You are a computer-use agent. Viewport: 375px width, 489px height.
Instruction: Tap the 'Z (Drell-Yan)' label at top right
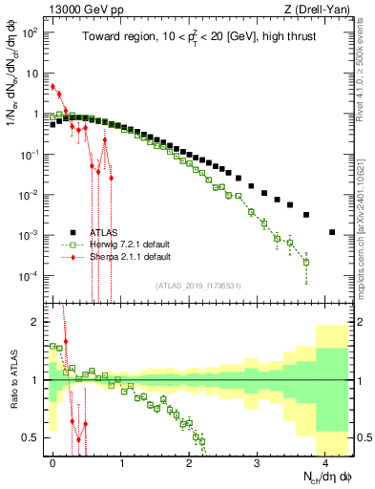click(x=320, y=9)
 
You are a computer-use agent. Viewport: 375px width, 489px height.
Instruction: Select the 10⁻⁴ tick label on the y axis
click(x=29, y=276)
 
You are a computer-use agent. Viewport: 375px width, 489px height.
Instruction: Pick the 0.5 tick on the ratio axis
click(x=31, y=437)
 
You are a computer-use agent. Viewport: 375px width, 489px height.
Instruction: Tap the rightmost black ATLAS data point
click(x=331, y=232)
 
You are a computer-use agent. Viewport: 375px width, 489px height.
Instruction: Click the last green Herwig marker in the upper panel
click(x=306, y=262)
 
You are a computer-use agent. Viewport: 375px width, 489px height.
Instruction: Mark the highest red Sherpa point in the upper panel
click(x=53, y=86)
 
